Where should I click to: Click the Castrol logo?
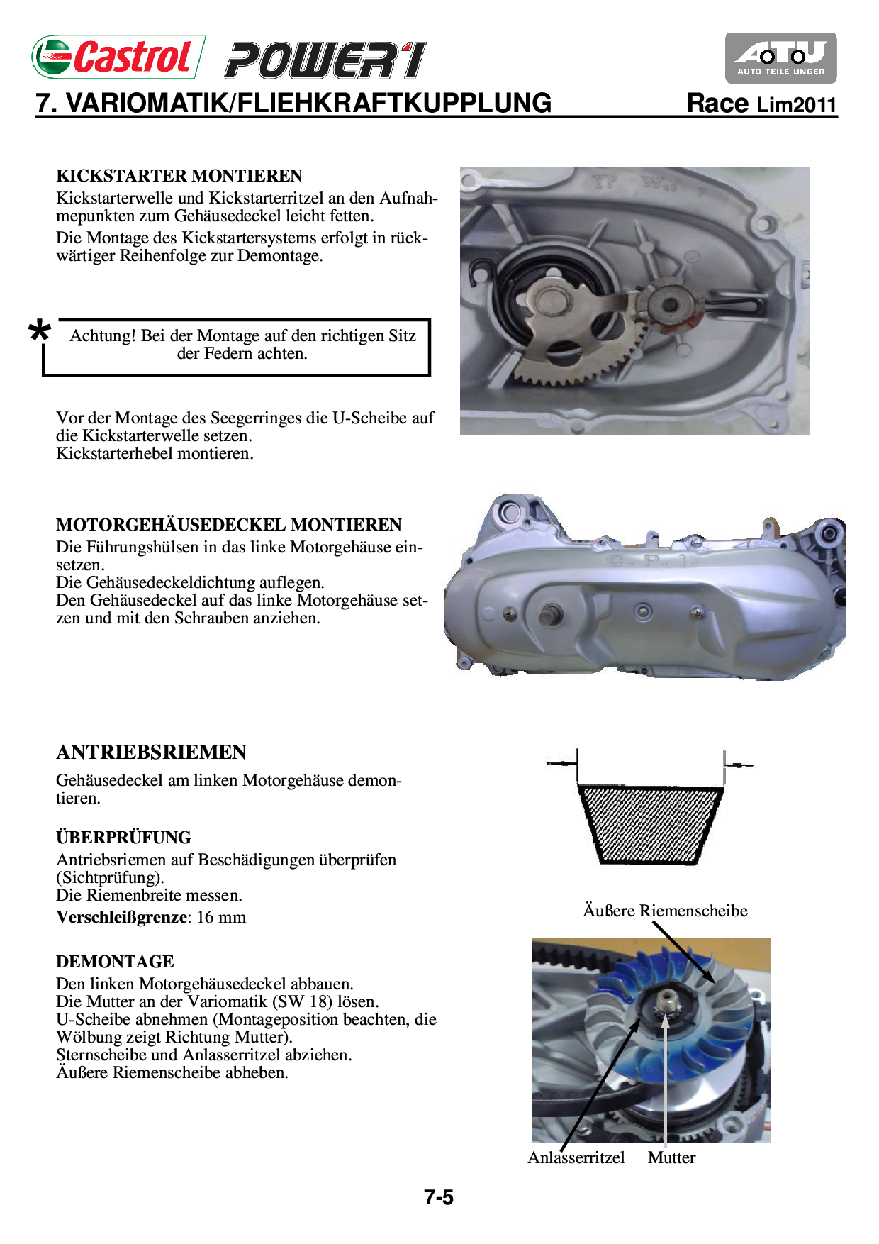118,57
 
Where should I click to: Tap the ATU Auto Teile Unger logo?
780,58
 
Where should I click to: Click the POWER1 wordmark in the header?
325,60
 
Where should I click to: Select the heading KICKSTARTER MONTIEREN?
179,176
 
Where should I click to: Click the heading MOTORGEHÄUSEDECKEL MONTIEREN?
228,525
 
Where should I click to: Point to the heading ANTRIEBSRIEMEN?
151,752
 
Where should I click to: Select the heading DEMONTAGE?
115,962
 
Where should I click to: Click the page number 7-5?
439,1198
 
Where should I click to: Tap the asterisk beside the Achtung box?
40,331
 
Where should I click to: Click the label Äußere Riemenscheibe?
665,911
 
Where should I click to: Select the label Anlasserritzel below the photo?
576,1157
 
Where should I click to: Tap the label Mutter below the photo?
671,1157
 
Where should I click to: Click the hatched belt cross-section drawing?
650,824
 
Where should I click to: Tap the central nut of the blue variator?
666,1002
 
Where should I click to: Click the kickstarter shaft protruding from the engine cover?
550,615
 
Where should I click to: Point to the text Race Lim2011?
761,104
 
